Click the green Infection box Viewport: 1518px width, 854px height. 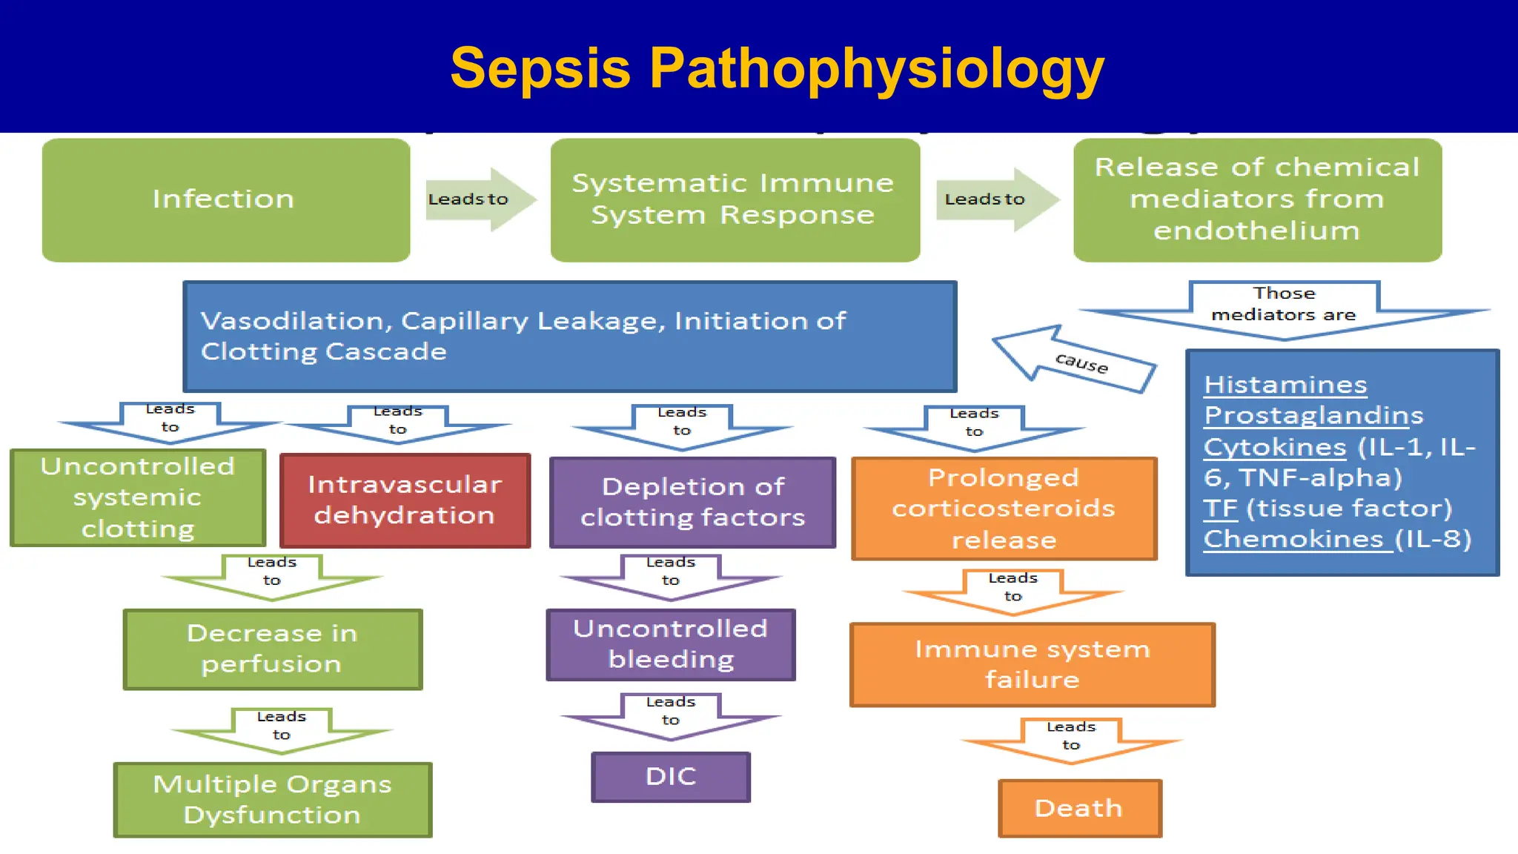tap(225, 200)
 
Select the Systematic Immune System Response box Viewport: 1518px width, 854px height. tap(735, 200)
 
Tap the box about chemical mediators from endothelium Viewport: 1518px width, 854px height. tap(1257, 200)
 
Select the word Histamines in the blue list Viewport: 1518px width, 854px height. tap(1285, 385)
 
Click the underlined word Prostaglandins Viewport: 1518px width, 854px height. tap(1313, 415)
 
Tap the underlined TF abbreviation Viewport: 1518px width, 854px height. tap(1220, 509)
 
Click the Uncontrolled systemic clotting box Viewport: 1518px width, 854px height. tap(138, 497)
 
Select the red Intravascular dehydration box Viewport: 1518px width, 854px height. tap(405, 500)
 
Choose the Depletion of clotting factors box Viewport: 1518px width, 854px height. tap(692, 503)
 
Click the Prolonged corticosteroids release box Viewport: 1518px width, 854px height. tap(1004, 509)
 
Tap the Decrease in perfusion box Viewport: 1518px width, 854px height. tap(273, 649)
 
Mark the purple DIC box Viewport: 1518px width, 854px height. tap(671, 777)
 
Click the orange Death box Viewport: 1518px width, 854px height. tap(1079, 808)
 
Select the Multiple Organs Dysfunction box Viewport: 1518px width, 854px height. tap(273, 800)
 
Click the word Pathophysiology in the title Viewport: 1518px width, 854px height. tap(876, 69)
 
